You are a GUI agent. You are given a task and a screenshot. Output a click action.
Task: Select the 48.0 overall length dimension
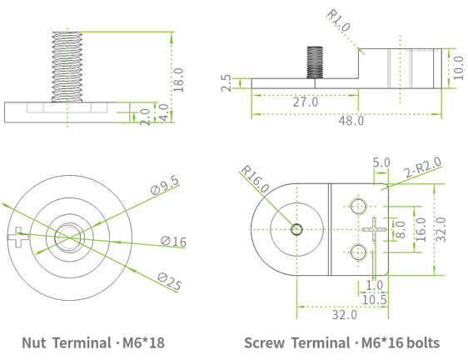[350, 120]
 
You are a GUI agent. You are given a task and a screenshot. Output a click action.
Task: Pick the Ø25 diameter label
[170, 281]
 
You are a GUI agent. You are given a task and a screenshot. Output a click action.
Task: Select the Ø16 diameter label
[173, 242]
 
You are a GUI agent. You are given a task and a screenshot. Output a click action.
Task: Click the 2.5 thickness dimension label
[226, 84]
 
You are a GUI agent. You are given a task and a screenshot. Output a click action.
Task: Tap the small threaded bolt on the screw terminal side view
[316, 62]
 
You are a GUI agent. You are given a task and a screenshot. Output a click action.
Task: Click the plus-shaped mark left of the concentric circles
[17, 239]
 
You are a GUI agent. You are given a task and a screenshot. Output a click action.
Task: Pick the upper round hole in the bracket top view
[359, 205]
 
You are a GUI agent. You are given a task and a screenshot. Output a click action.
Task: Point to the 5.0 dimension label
[381, 162]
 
